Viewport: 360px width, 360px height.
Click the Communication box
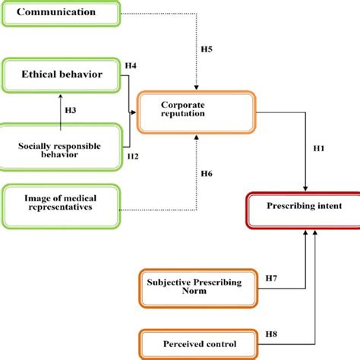(x=61, y=13)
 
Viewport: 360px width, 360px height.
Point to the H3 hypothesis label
(x=70, y=111)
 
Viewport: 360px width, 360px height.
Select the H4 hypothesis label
(x=131, y=66)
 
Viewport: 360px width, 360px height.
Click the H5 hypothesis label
(x=207, y=49)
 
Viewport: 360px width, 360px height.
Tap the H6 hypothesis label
(x=207, y=174)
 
